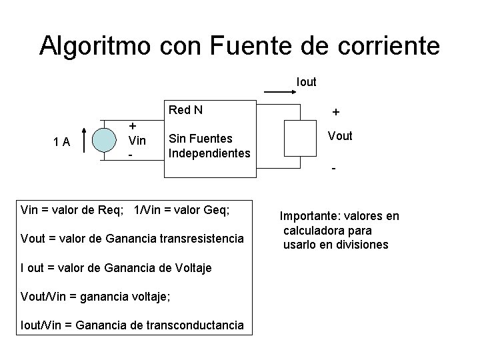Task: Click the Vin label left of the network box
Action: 137,141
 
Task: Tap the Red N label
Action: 186,110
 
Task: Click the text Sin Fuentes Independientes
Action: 209,146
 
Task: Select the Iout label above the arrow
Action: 306,82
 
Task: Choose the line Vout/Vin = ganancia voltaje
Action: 96,296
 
